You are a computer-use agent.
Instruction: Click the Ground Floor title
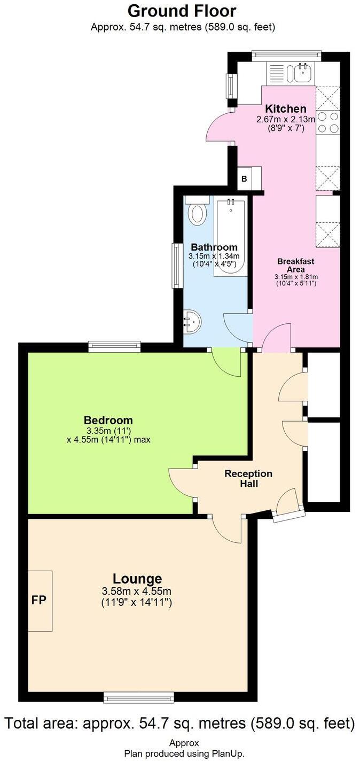tap(182, 11)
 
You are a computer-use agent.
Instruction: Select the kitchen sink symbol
tap(302, 72)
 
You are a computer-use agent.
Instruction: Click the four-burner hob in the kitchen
tap(328, 122)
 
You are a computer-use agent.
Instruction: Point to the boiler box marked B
tap(245, 178)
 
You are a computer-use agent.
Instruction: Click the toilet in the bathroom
tap(197, 212)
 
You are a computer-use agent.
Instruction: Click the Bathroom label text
tap(214, 247)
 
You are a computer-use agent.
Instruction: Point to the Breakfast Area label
tap(295, 265)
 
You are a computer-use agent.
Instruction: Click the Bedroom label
tap(108, 420)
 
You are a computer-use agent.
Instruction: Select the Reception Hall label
tap(248, 479)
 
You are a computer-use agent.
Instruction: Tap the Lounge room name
tap(137, 578)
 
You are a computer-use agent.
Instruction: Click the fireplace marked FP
tap(40, 600)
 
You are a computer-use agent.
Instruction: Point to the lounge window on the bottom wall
tap(139, 697)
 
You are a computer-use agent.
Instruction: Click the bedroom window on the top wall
tap(115, 347)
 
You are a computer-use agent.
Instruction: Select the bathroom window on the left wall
tap(175, 266)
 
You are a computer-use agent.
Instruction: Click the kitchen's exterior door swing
tap(219, 127)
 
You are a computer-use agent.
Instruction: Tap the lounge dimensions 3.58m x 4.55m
tap(137, 591)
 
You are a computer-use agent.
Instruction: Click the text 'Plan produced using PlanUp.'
tap(184, 753)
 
